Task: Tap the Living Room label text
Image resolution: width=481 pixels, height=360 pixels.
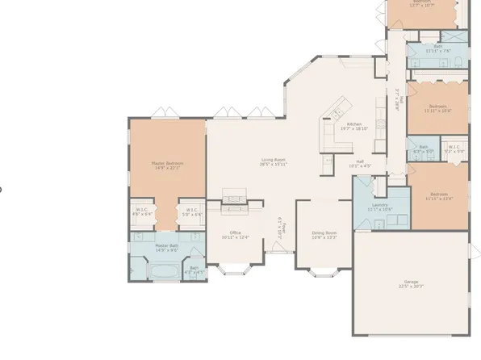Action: click(274, 161)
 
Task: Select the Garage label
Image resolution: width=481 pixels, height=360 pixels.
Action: click(412, 283)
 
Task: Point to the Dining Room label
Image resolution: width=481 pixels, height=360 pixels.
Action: click(324, 235)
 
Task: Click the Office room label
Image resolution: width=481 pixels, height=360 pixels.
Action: click(235, 235)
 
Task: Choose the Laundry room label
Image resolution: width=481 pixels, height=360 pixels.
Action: click(379, 207)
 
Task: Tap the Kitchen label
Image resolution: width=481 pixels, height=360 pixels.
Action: click(353, 126)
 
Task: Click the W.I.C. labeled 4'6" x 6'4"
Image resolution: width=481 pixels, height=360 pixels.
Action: click(143, 213)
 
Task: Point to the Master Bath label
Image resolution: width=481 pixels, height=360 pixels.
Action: click(168, 248)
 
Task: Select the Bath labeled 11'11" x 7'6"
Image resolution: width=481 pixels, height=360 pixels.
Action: click(437, 48)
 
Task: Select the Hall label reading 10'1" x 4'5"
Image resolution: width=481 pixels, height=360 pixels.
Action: click(362, 163)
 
